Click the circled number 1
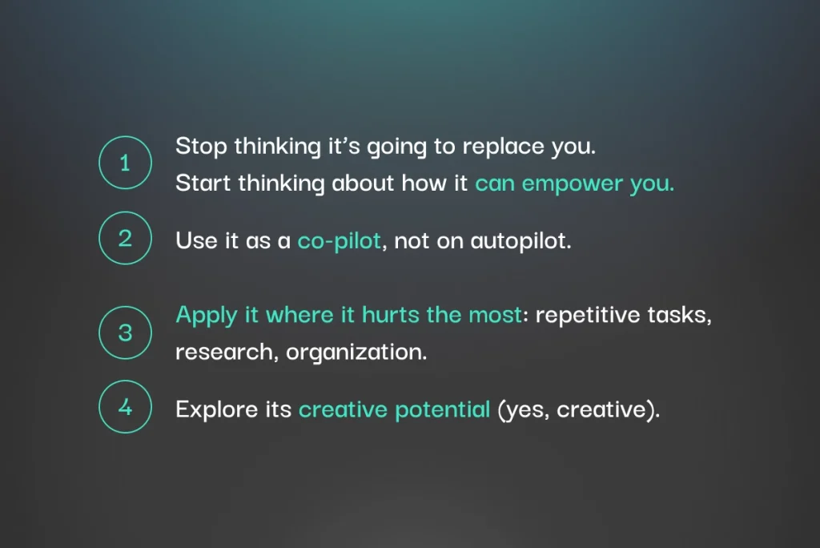[x=125, y=163]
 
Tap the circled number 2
[x=125, y=238]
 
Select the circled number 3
[x=125, y=332]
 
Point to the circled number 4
[x=125, y=407]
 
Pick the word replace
[x=503, y=147]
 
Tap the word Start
[x=203, y=183]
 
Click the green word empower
[x=572, y=184]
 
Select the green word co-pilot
[x=339, y=241]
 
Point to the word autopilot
[x=521, y=241]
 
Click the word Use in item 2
[x=197, y=241]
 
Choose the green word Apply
[x=207, y=316]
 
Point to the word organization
[x=356, y=353]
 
